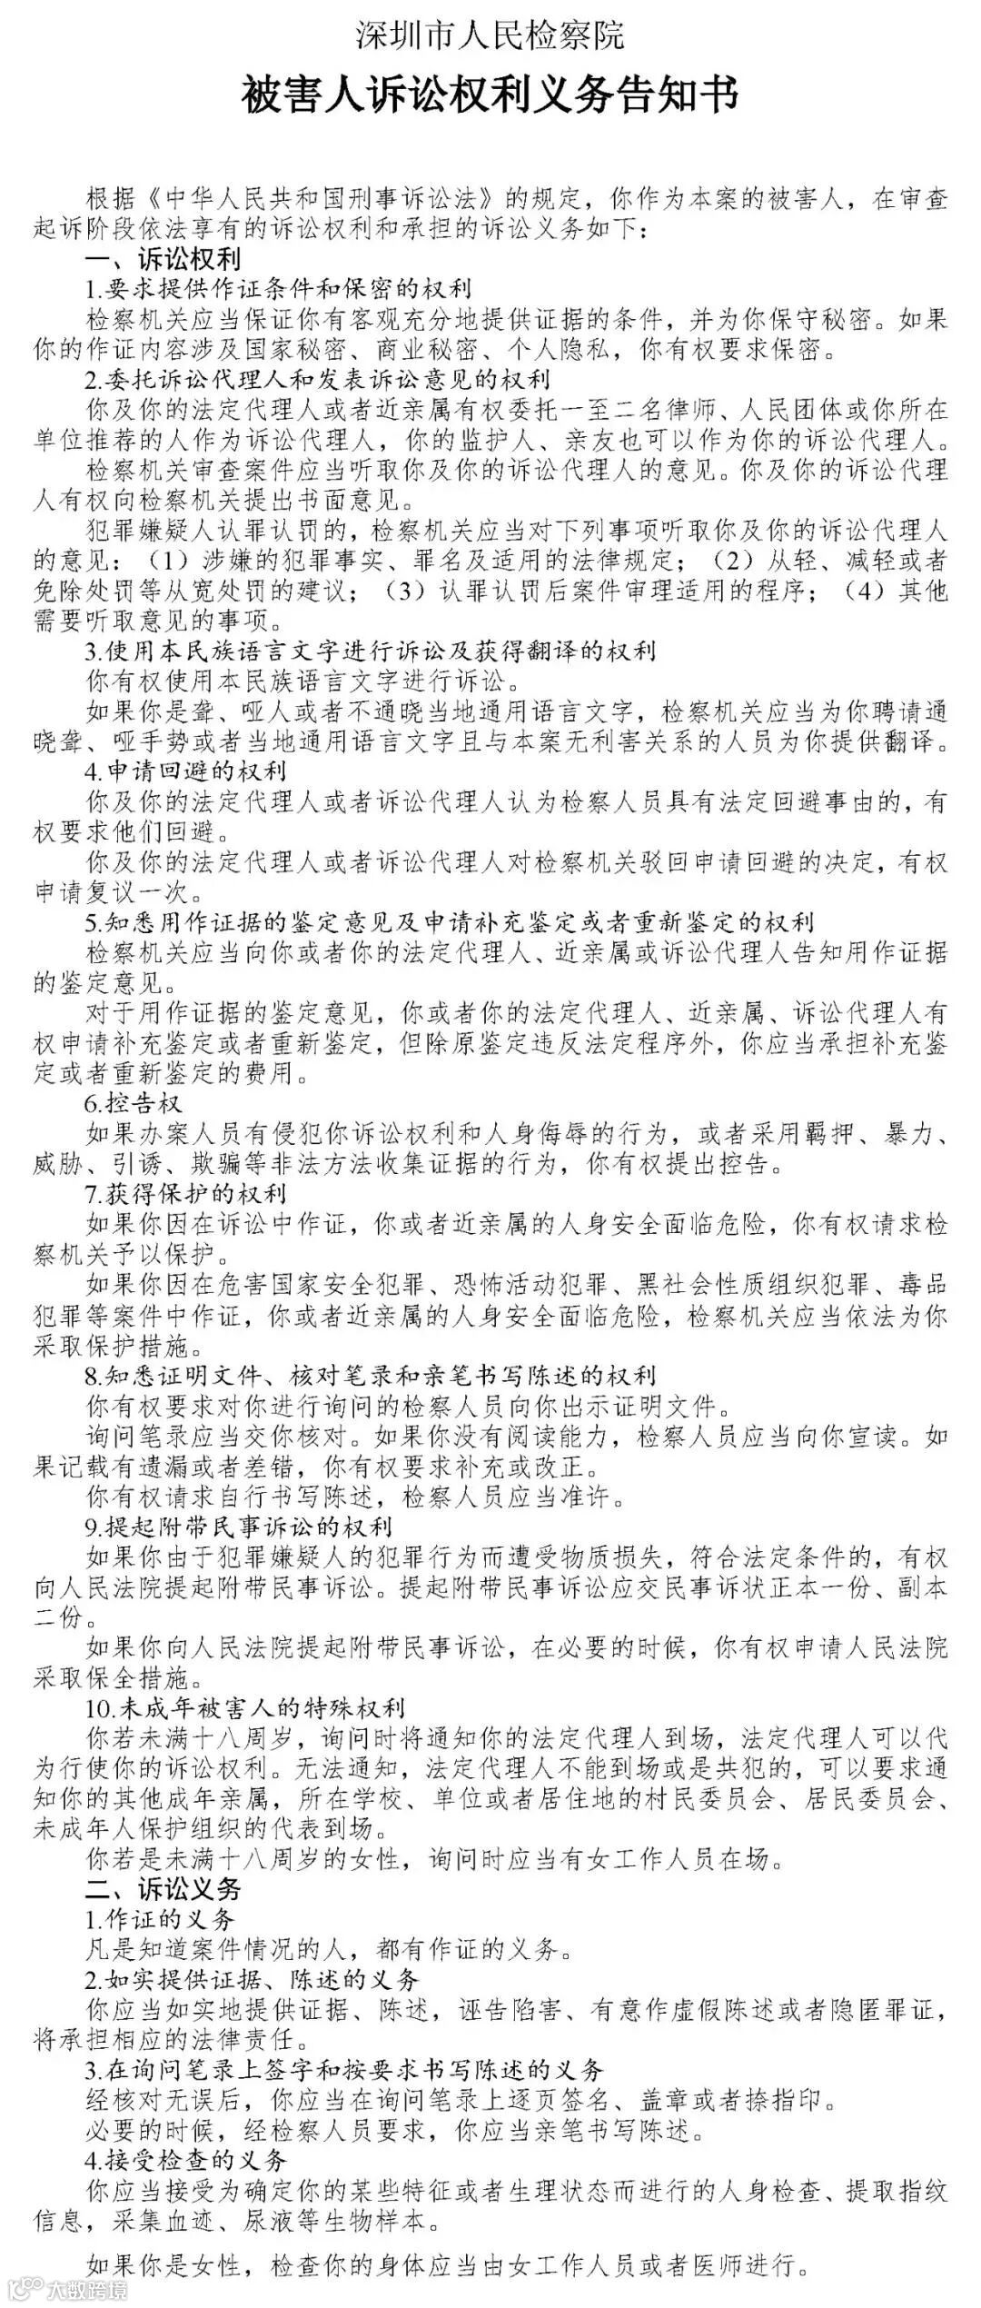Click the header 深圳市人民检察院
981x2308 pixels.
pyautogui.click(x=490, y=35)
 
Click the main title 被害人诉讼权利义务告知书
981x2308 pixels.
pyautogui.click(x=490, y=95)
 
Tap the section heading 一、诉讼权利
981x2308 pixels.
pyautogui.click(x=163, y=259)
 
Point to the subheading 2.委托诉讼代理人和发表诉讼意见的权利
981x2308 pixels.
pyautogui.click(x=319, y=378)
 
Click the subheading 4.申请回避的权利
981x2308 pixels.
pyautogui.click(x=186, y=771)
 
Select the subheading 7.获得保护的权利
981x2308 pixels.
pyautogui.click(x=186, y=1193)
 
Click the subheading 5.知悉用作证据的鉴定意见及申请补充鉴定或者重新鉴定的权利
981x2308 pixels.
pyautogui.click(x=450, y=922)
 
